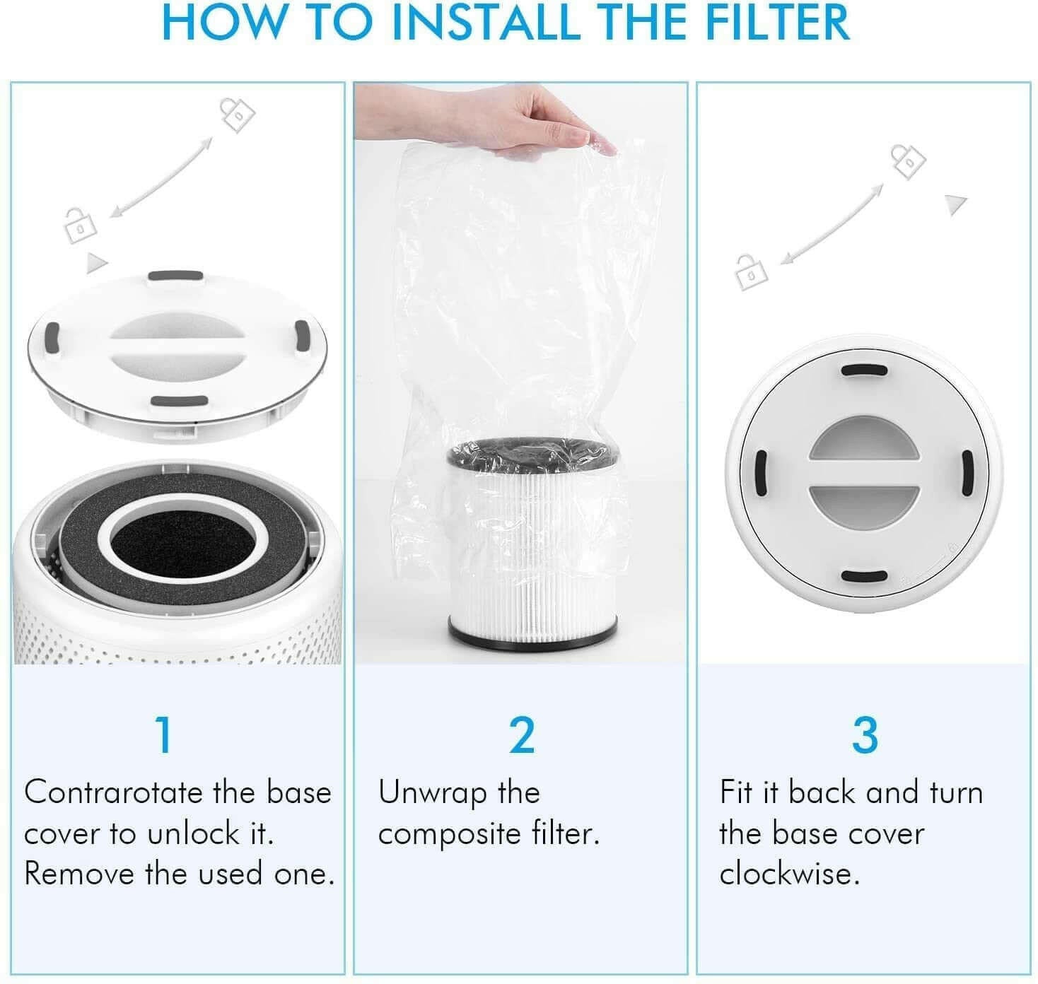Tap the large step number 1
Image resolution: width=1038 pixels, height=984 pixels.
pyautogui.click(x=164, y=735)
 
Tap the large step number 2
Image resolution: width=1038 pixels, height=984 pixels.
pyautogui.click(x=522, y=735)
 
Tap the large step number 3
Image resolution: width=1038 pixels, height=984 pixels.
pyautogui.click(x=865, y=735)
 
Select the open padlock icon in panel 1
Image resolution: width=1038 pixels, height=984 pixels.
pyautogui.click(x=79, y=224)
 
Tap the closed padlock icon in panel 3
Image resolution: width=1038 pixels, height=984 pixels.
pyautogui.click(x=908, y=161)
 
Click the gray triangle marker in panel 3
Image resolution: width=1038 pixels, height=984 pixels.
pyautogui.click(x=955, y=205)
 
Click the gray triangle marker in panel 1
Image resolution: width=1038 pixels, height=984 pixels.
pyautogui.click(x=95, y=264)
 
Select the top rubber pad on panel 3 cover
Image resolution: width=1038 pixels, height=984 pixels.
pyautogui.click(x=865, y=370)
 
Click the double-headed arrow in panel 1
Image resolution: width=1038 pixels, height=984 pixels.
pyautogui.click(x=162, y=176)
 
